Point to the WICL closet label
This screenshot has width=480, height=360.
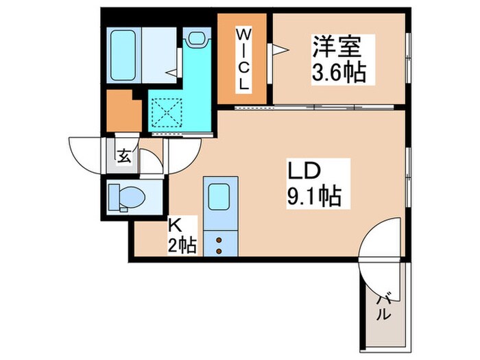(x=243, y=59)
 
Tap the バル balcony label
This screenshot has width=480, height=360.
(x=384, y=307)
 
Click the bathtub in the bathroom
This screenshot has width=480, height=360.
(x=123, y=55)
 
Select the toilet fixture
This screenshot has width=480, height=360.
(x=127, y=197)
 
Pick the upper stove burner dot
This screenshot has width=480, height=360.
(x=219, y=240)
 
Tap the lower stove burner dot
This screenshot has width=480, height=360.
(x=219, y=251)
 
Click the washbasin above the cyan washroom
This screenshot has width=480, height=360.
(x=197, y=38)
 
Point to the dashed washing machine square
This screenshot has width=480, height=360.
(x=167, y=112)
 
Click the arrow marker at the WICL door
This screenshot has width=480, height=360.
(x=280, y=49)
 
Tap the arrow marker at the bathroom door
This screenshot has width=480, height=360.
(x=172, y=73)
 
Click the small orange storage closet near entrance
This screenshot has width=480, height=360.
(x=124, y=111)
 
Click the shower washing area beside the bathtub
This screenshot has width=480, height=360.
(x=159, y=55)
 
